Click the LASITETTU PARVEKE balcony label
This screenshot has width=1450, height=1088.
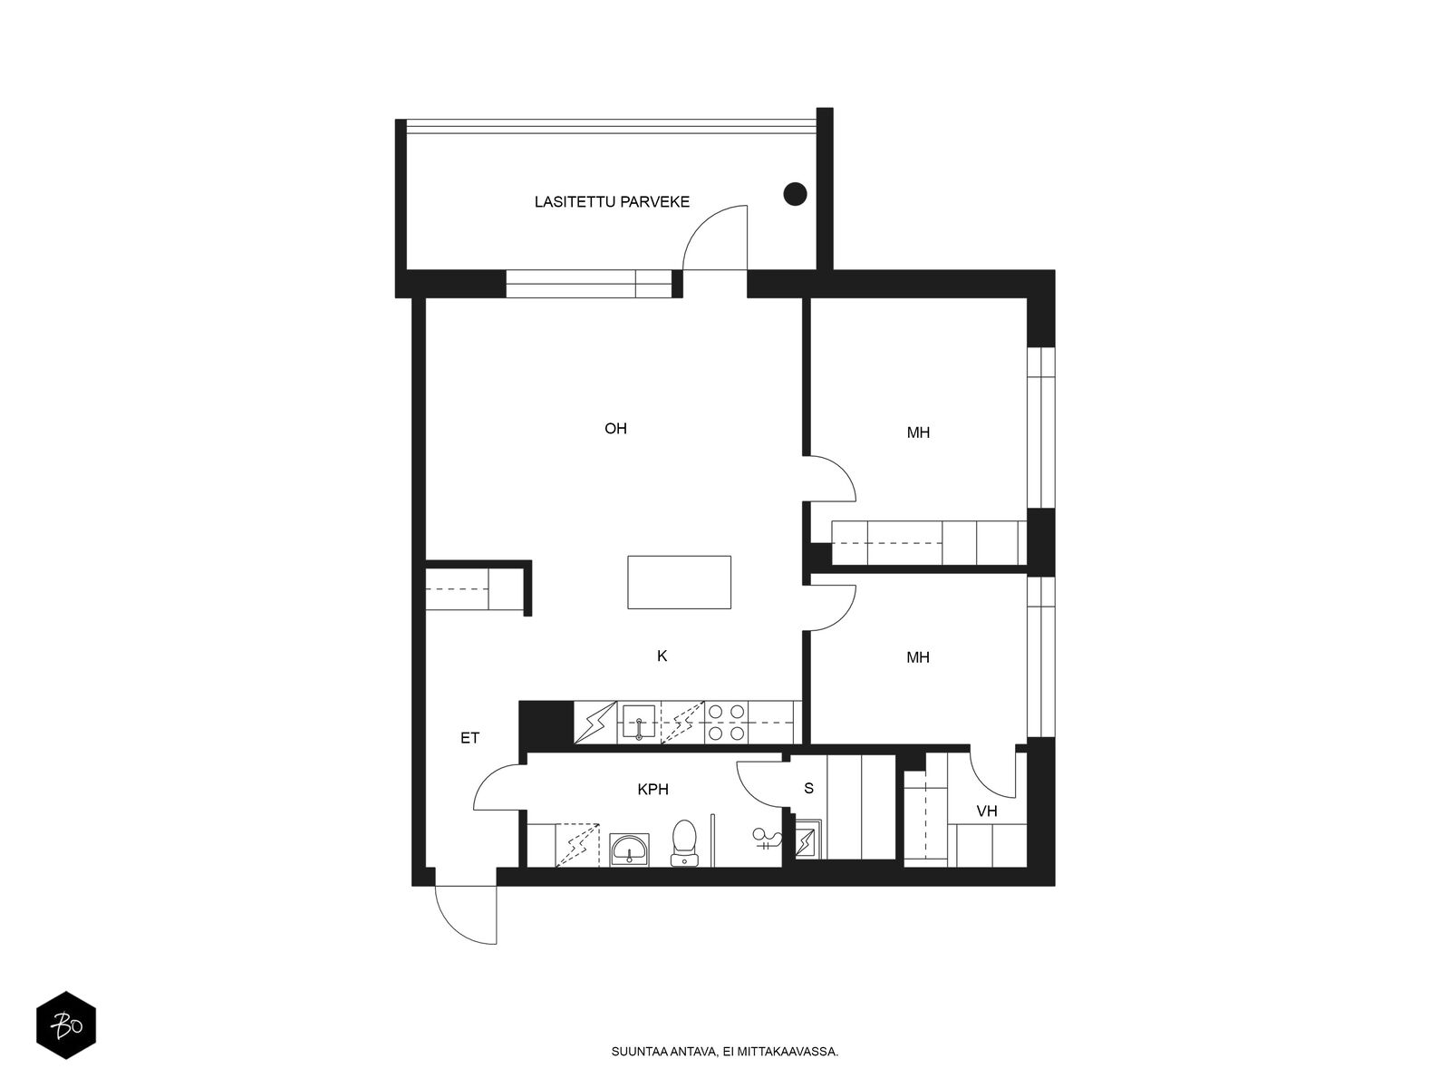click(x=612, y=201)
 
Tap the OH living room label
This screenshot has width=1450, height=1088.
click(x=615, y=428)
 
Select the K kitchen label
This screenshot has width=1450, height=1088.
click(x=662, y=656)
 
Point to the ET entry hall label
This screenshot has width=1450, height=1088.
click(x=469, y=738)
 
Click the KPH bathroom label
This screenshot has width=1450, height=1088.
click(x=652, y=789)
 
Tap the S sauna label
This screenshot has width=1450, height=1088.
click(x=808, y=788)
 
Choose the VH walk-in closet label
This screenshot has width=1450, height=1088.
click(x=987, y=811)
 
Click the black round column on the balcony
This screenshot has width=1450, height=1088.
click(x=795, y=193)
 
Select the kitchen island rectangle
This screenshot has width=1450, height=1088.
click(x=679, y=582)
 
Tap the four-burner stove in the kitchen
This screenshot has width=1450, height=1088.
click(x=727, y=722)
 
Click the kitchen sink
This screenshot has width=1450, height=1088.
click(x=639, y=722)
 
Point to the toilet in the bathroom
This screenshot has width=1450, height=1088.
click(x=683, y=842)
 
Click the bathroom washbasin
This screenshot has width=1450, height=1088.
click(x=629, y=849)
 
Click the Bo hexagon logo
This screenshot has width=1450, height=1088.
click(x=66, y=1025)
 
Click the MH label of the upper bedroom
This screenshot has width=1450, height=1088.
click(x=918, y=432)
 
